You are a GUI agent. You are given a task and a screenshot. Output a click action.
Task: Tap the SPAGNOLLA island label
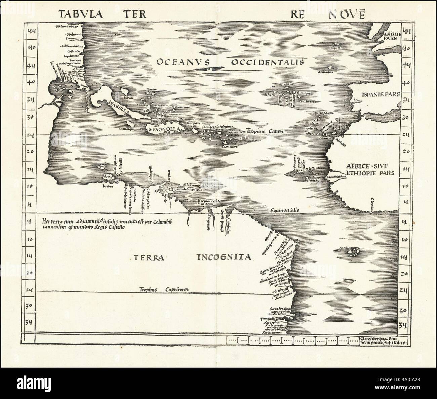click(164, 129)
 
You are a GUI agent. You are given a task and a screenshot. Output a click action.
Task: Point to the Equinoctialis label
click(284, 210)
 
